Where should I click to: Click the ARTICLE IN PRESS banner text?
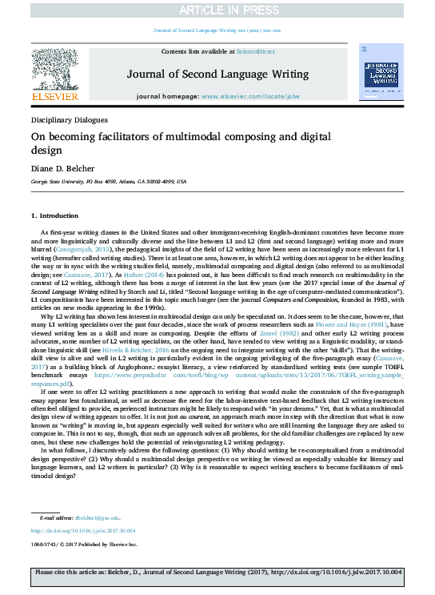[x=217, y=10]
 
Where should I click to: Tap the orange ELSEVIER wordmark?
[x=54, y=97]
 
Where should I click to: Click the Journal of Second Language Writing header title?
[x=217, y=74]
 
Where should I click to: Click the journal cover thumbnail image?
[x=380, y=74]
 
